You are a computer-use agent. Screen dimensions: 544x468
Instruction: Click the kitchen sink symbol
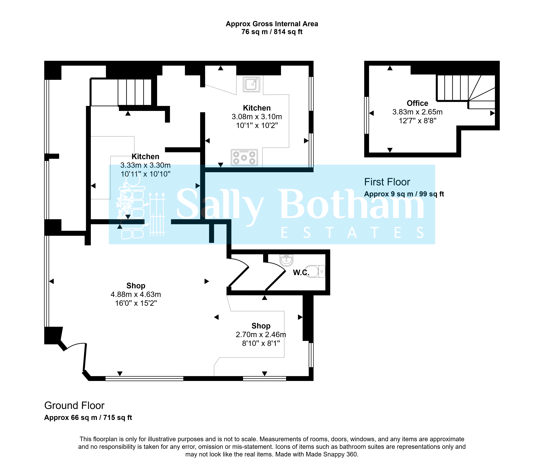click(251, 84)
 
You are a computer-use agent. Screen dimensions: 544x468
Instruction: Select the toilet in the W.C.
click(315, 271)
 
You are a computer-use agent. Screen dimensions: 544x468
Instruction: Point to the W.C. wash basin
click(287, 260)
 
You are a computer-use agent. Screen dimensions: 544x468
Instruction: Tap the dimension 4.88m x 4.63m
click(136, 294)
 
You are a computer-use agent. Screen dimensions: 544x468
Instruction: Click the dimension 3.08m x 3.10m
click(257, 117)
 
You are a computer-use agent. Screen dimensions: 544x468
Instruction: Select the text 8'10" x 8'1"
click(261, 343)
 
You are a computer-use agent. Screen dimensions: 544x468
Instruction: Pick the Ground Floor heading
click(74, 406)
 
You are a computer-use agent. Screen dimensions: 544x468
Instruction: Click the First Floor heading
click(387, 182)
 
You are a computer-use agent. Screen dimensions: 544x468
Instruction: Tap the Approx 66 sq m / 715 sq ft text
click(88, 418)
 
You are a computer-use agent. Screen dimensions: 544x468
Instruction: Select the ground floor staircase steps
click(134, 92)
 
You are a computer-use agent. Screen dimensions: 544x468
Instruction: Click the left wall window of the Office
click(367, 115)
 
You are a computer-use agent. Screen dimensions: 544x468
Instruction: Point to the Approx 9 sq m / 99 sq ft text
click(404, 194)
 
